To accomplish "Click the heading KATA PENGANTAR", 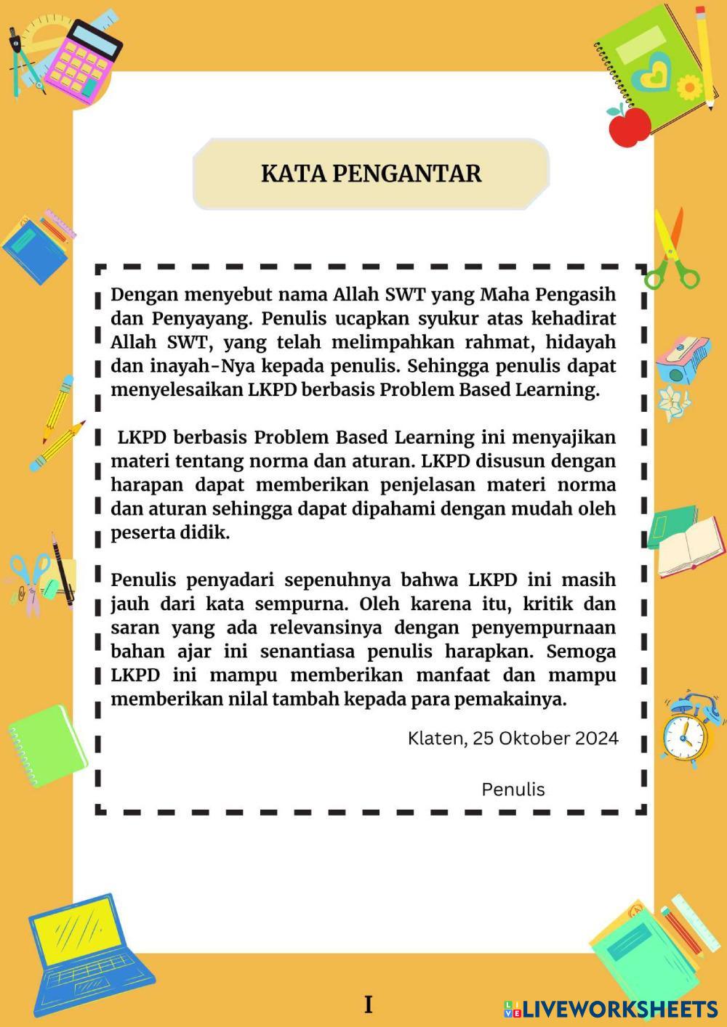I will (371, 174).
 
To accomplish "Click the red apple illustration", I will (629, 125).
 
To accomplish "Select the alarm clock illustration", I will (686, 731).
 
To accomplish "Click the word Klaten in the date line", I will (435, 739).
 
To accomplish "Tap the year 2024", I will (596, 739).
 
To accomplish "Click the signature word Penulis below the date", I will (513, 789).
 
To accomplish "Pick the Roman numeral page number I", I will (368, 1004).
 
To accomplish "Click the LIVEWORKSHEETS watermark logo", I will (611, 1009).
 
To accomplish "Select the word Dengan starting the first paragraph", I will (143, 295).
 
